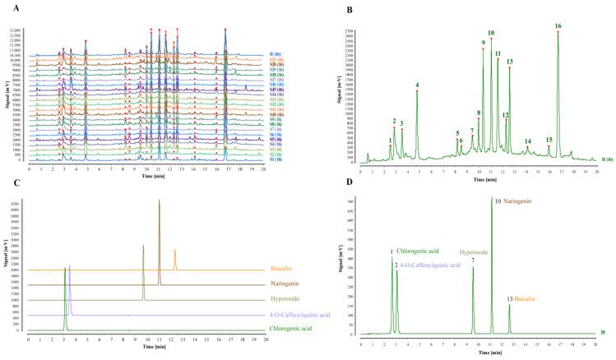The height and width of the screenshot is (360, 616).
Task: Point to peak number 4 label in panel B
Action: point(418,85)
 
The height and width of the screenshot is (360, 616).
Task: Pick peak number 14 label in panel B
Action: point(527,141)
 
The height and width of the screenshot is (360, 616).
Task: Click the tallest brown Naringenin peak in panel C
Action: point(159,200)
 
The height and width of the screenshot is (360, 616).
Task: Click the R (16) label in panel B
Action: point(606,159)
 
